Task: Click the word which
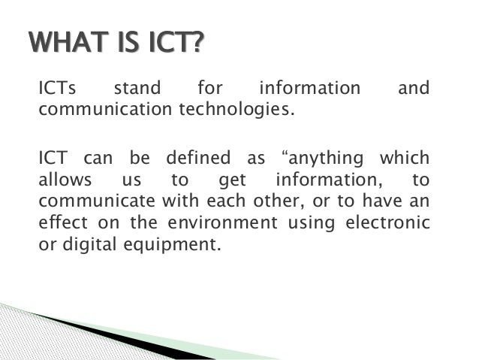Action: point(405,159)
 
